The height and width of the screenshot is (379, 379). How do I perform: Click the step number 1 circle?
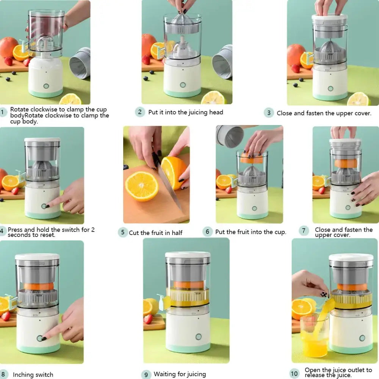click(3, 112)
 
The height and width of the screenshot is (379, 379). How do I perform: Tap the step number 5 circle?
click(122, 232)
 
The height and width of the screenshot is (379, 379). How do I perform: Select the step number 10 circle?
click(294, 373)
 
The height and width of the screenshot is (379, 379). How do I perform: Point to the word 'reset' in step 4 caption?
click(47, 235)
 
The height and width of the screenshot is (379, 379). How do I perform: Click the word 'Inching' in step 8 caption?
click(23, 375)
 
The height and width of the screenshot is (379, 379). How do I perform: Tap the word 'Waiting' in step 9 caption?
click(165, 374)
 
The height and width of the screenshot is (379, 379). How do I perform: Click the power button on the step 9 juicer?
click(198, 337)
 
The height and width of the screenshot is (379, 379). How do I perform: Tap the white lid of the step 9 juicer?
click(188, 255)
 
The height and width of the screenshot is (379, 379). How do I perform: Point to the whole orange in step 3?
click(296, 54)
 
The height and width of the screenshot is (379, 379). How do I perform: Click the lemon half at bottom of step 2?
click(213, 99)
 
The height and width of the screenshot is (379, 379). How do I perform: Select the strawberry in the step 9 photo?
click(148, 319)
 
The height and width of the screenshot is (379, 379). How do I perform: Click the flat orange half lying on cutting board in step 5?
click(142, 186)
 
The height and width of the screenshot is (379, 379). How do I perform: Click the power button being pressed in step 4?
click(44, 206)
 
